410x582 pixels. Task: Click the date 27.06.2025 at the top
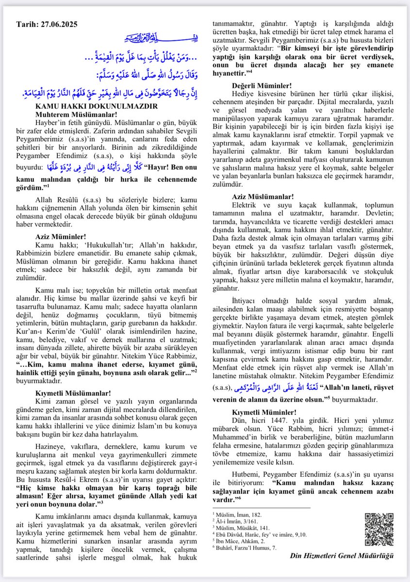click(x=55, y=24)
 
